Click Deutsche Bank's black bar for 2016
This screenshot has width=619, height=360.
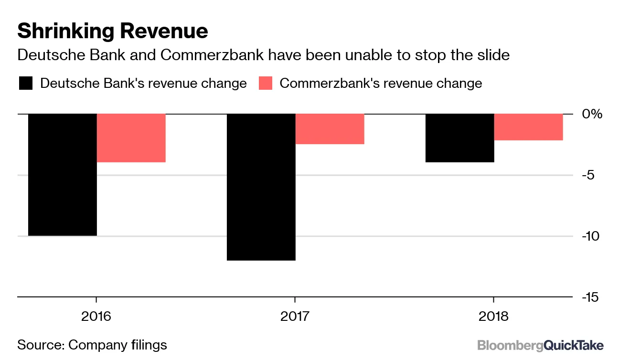click(x=63, y=175)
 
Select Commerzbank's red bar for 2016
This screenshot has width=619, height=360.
click(x=131, y=138)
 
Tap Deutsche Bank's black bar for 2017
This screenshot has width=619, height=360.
click(x=261, y=187)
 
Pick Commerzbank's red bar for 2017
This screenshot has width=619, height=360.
click(x=330, y=129)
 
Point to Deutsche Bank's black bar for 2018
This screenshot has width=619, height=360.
click(x=460, y=138)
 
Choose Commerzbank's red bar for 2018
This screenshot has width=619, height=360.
click(x=529, y=127)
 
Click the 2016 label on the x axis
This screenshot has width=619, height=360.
click(x=96, y=316)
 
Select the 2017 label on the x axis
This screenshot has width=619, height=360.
click(x=295, y=316)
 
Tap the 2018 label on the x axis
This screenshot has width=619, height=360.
click(x=493, y=316)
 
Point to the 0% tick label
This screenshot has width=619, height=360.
click(x=593, y=115)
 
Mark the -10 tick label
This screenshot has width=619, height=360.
click(x=593, y=236)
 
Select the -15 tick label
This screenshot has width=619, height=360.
click(x=593, y=297)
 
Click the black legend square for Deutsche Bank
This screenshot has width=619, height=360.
click(x=25, y=84)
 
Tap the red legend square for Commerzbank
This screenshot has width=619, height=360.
click(x=265, y=84)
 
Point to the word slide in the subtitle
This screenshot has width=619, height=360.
click(x=492, y=55)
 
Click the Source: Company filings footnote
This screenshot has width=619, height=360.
click(x=92, y=345)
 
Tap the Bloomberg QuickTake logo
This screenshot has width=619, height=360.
click(x=540, y=345)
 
